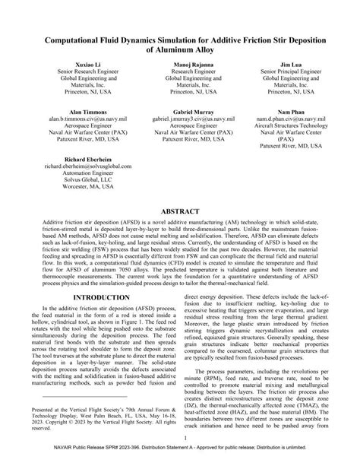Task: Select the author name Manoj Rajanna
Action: tap(181, 66)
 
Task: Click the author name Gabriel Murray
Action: tap(181, 112)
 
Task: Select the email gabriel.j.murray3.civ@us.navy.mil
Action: tap(181, 119)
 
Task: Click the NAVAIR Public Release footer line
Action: tap(180, 459)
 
